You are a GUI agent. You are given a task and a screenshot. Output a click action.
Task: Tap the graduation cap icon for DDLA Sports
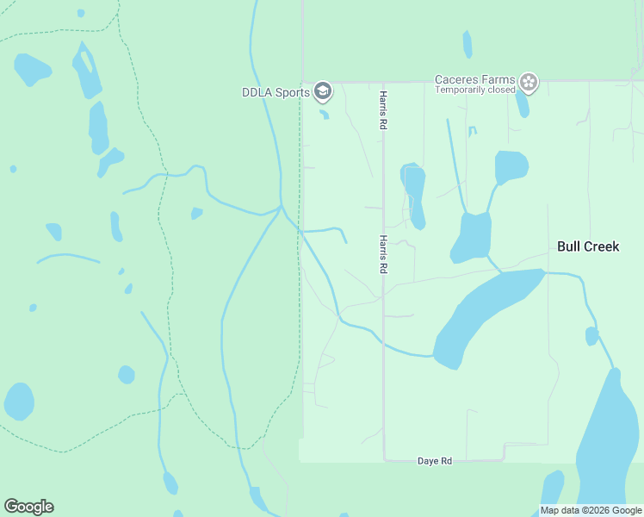click(x=323, y=90)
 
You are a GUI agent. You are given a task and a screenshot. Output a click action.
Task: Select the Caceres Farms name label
click(x=475, y=78)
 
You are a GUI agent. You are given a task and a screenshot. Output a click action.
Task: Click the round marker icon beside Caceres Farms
click(x=529, y=84)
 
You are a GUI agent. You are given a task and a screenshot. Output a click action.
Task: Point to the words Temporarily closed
click(x=475, y=90)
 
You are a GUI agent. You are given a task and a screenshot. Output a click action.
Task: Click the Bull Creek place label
click(x=588, y=246)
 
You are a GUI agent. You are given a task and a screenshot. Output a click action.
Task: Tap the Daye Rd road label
click(x=435, y=462)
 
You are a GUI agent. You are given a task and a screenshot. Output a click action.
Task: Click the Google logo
click(x=28, y=507)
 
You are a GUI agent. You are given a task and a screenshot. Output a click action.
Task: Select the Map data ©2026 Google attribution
click(x=591, y=510)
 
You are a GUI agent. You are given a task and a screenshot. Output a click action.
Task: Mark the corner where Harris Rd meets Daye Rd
click(x=383, y=460)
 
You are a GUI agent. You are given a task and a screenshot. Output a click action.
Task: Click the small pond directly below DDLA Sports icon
click(x=324, y=114)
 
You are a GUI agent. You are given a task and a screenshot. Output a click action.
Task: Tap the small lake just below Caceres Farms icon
click(x=522, y=103)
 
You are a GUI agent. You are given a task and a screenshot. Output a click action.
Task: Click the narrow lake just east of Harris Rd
click(x=415, y=194)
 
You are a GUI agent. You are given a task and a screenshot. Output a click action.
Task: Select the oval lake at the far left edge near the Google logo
click(x=19, y=402)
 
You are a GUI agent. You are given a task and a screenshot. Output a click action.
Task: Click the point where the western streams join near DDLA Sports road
click(x=282, y=208)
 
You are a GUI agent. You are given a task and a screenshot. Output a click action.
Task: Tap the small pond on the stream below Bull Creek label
click(x=591, y=336)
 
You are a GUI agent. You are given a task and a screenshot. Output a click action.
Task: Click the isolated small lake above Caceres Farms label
click(x=468, y=44)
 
